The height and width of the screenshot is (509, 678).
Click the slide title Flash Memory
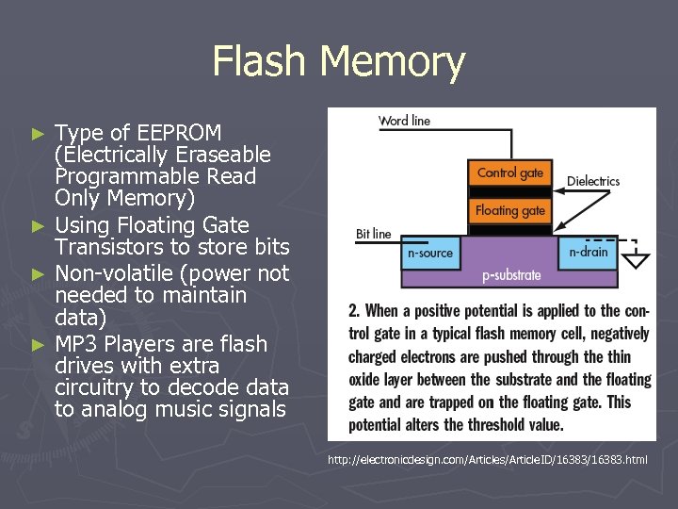tap(339, 62)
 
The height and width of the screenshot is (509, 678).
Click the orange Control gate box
tap(509, 172)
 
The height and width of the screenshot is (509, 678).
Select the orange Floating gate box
tap(509, 210)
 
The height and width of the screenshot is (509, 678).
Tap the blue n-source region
tap(429, 253)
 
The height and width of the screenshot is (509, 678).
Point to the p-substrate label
tap(511, 275)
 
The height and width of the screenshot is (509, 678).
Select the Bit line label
tap(373, 233)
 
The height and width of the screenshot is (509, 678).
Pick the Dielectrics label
tap(593, 181)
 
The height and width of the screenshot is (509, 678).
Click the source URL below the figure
tap(487, 460)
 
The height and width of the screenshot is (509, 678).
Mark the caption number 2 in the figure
tap(353, 311)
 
